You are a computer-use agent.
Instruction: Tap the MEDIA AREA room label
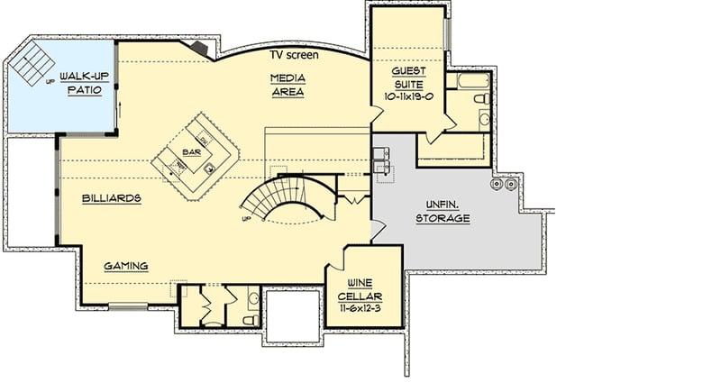tap(287, 85)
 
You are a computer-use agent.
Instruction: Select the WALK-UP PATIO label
tap(79, 84)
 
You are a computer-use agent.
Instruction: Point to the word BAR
tap(190, 152)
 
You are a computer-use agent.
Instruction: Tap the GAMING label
tap(125, 266)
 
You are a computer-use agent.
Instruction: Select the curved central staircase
tap(287, 198)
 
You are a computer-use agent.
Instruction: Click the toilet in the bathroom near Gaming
tap(251, 319)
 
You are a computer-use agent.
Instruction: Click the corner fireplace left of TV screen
tap(197, 48)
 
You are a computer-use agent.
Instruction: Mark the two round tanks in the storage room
tap(503, 185)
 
